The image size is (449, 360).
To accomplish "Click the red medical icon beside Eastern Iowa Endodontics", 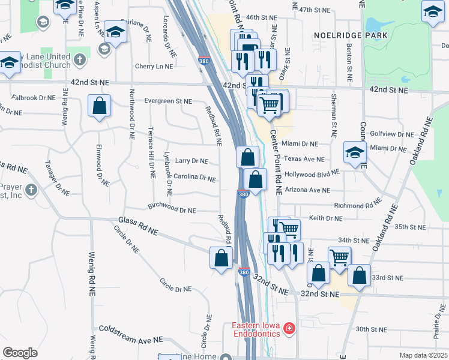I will point(289,328).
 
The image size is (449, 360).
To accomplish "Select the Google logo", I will point(20,353).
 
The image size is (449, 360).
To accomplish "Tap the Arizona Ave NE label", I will point(307,190).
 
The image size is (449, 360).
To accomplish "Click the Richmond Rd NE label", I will point(358,205).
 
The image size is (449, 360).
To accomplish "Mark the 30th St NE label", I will point(370,329).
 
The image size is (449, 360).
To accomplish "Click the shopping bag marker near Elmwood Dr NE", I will point(100,106).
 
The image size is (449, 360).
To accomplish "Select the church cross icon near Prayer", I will point(31,190).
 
